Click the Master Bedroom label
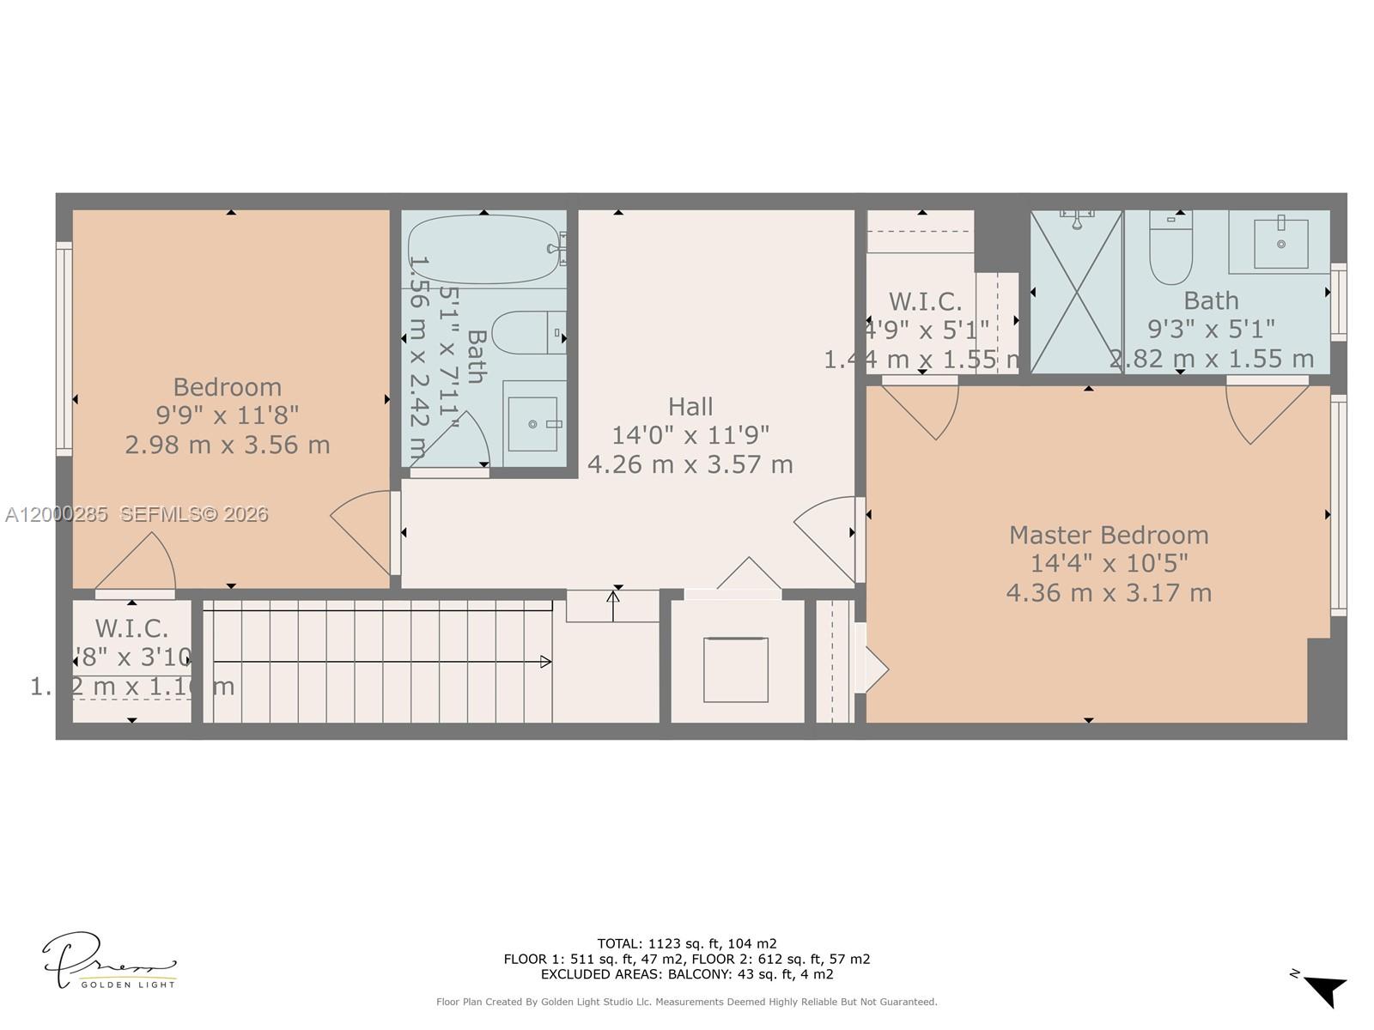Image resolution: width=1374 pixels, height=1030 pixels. pos(1109,535)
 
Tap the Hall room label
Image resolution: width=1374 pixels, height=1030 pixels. pos(690,406)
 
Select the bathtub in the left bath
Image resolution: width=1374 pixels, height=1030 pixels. pos(485,249)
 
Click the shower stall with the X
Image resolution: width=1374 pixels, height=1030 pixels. pos(1076,292)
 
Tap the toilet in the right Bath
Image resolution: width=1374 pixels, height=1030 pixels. pos(1171,249)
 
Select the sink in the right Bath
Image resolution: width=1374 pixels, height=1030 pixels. pos(1280,243)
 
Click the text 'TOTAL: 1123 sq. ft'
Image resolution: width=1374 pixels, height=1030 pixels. pos(687,943)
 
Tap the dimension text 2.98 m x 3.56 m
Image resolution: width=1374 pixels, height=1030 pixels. pos(228,445)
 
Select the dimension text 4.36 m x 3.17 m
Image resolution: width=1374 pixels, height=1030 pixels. pos(1109,593)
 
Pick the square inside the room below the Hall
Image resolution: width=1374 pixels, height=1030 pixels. pos(735,669)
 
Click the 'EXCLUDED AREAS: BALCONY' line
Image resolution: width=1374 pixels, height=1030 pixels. pos(687,974)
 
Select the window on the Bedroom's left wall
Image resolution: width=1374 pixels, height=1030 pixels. pos(64,348)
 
